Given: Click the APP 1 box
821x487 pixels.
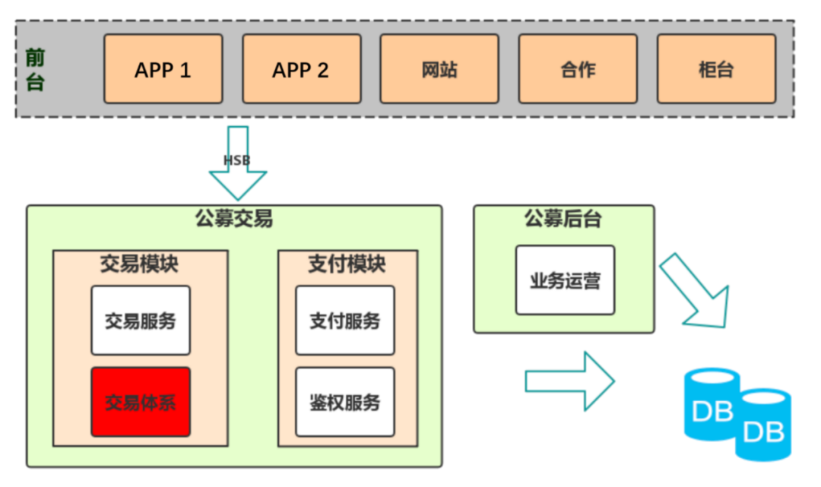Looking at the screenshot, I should pyautogui.click(x=163, y=69).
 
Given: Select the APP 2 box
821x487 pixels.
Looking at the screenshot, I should pyautogui.click(x=301, y=69).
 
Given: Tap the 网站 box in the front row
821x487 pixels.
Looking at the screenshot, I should pyautogui.click(x=439, y=69).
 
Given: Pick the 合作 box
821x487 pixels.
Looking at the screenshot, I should pyautogui.click(x=578, y=69).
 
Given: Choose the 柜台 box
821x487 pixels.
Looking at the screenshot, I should pyautogui.click(x=715, y=69).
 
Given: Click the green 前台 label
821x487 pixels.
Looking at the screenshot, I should pyautogui.click(x=35, y=70).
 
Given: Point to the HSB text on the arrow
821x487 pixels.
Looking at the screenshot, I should pyautogui.click(x=236, y=160).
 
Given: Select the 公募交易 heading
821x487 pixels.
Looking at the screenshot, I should pyautogui.click(x=233, y=220).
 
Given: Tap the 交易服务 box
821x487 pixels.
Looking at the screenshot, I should pyautogui.click(x=140, y=321).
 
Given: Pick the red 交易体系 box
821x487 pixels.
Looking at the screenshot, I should pyautogui.click(x=140, y=402).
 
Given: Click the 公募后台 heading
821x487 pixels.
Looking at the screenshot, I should pyautogui.click(x=563, y=219).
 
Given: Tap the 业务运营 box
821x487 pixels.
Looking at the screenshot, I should pyautogui.click(x=565, y=280).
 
